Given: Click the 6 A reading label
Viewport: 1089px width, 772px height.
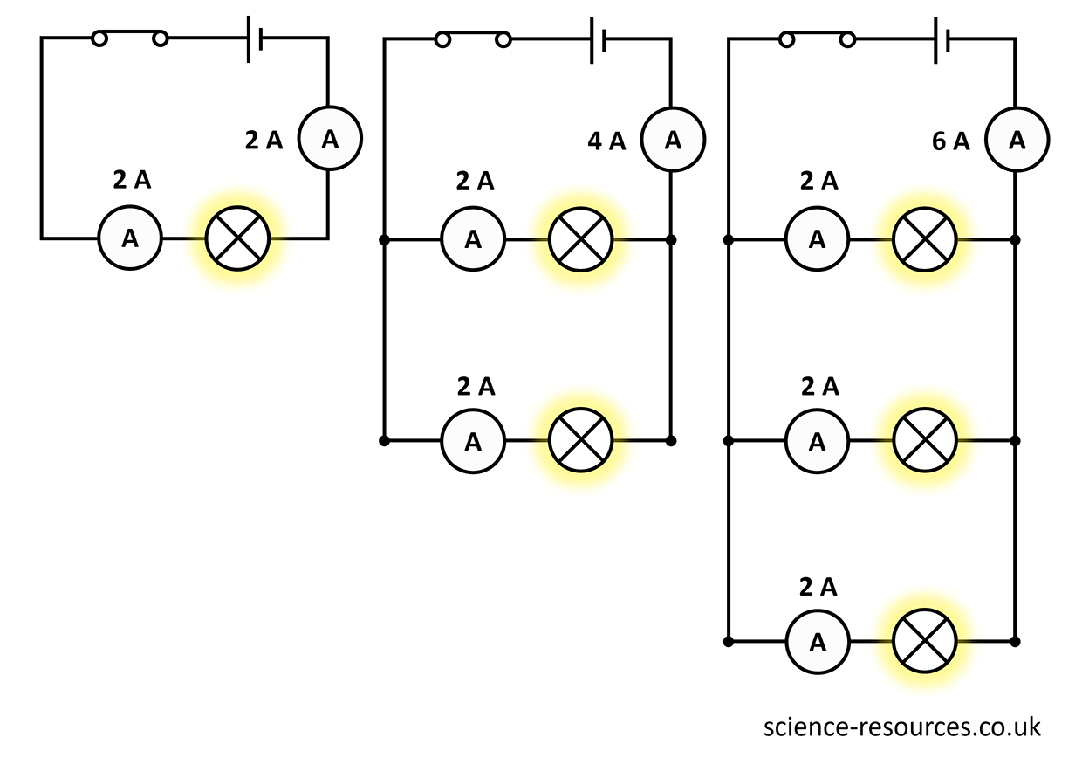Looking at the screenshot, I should pyautogui.click(x=950, y=141).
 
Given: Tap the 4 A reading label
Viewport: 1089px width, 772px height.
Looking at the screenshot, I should pyautogui.click(x=606, y=141).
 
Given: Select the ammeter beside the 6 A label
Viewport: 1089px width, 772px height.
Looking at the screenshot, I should pyautogui.click(x=1017, y=139).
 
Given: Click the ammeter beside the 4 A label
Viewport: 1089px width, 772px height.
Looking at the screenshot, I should pyautogui.click(x=673, y=139).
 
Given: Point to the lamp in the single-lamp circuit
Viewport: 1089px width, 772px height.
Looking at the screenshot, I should pyautogui.click(x=238, y=238).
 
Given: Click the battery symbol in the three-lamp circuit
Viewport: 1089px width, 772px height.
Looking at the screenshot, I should pyautogui.click(x=942, y=39).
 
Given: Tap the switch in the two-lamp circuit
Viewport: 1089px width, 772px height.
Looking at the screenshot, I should pyautogui.click(x=473, y=39).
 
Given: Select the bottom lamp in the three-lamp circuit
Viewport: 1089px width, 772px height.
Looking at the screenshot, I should pyautogui.click(x=925, y=642).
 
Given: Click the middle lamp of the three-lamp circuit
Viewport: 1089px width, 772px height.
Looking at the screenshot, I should pyautogui.click(x=925, y=441).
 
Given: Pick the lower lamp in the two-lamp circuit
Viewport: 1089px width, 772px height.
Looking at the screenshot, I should pyautogui.click(x=581, y=441).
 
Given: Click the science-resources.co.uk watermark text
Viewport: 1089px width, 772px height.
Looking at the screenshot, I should pyautogui.click(x=901, y=727).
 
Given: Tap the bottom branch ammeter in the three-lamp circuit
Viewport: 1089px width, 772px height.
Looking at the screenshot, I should pyautogui.click(x=817, y=642).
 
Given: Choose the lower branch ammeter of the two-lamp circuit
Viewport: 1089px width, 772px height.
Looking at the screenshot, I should pyautogui.click(x=473, y=441).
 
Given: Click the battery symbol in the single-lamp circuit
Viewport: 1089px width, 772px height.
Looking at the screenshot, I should pyautogui.click(x=255, y=38).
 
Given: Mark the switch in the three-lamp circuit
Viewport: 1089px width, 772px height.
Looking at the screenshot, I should pyautogui.click(x=817, y=39).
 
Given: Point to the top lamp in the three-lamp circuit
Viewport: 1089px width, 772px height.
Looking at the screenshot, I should pyautogui.click(x=925, y=239).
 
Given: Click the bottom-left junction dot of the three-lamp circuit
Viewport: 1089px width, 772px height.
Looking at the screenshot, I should pyautogui.click(x=728, y=642).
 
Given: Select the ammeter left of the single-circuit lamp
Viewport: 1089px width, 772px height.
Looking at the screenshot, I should pyautogui.click(x=130, y=238).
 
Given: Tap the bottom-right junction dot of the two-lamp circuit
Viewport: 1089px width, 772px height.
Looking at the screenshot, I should pyautogui.click(x=670, y=441).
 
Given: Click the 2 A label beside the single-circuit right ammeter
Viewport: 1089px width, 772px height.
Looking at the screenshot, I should pyautogui.click(x=264, y=141).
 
